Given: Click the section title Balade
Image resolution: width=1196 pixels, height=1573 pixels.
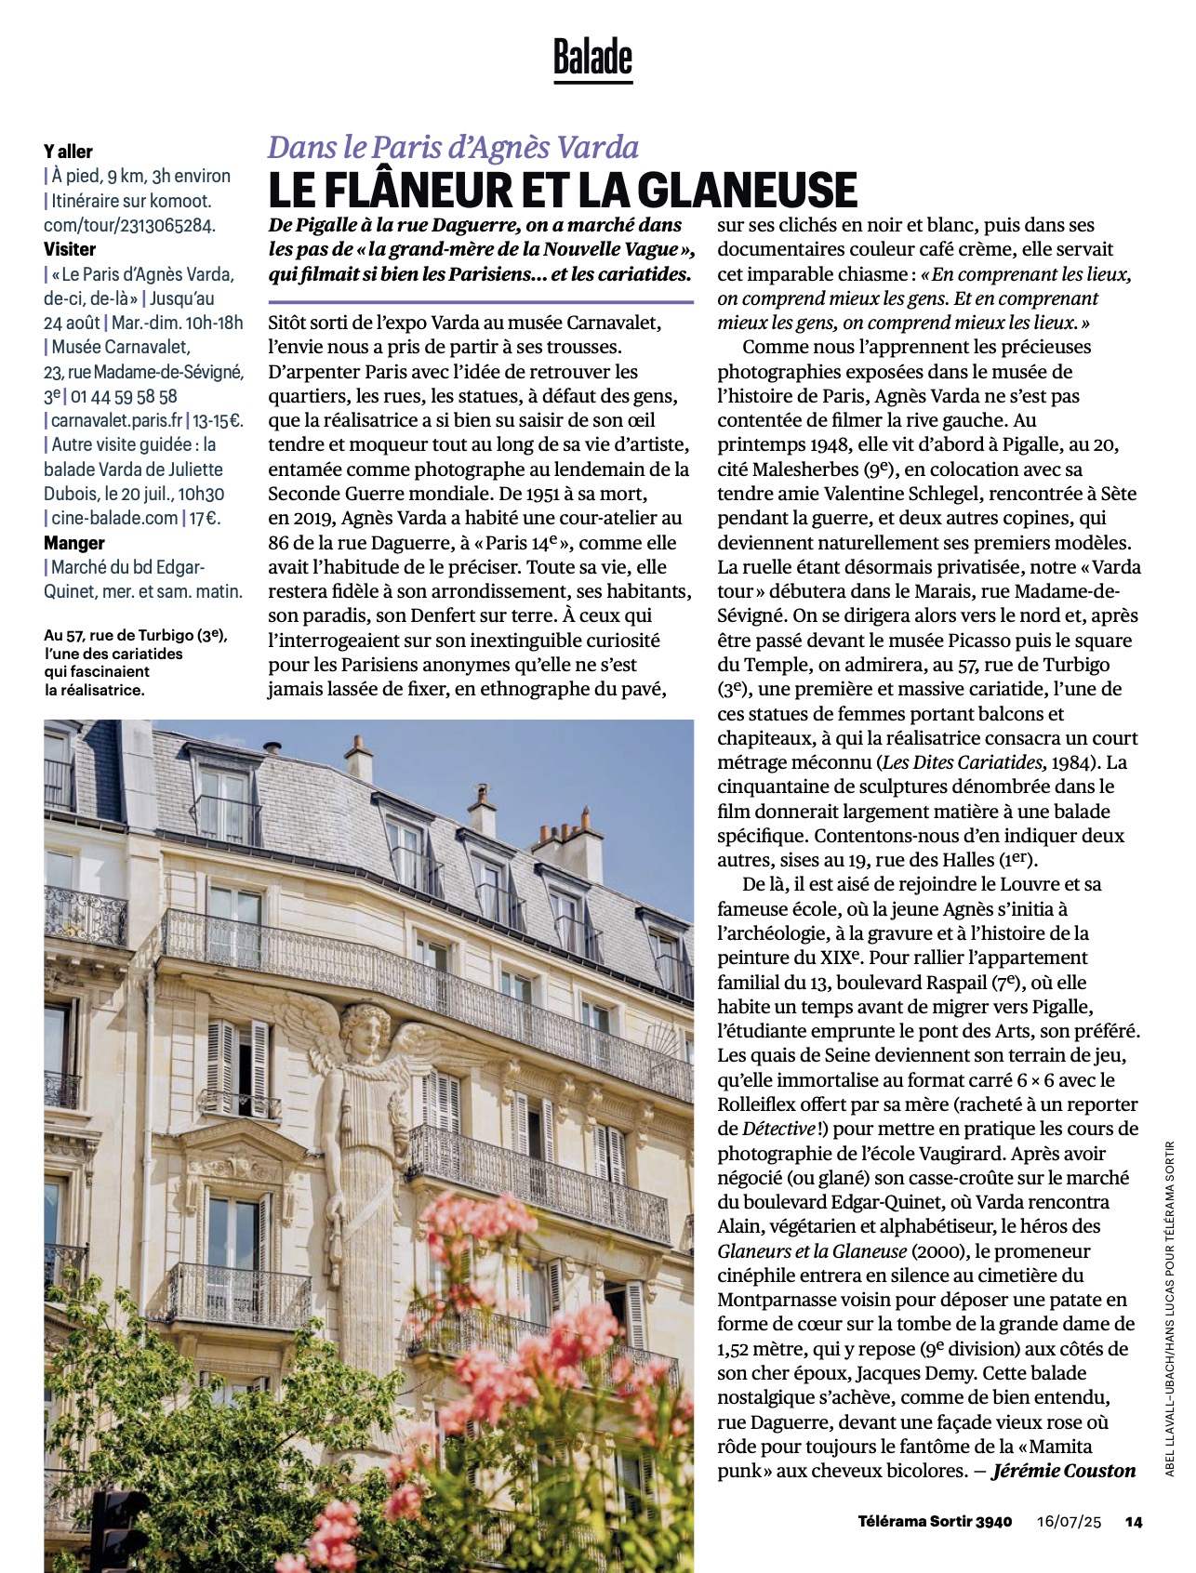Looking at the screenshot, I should [x=592, y=58].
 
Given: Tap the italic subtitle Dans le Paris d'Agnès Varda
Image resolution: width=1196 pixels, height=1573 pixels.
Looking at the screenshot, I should [x=453, y=147].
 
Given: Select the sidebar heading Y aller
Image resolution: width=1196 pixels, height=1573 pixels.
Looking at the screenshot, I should [x=68, y=152].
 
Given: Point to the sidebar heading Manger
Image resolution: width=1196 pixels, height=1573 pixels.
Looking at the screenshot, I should [x=74, y=543].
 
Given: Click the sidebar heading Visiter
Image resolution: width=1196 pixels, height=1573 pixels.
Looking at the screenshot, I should [x=70, y=249].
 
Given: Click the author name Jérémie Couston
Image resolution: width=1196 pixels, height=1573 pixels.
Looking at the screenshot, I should [x=1064, y=1471].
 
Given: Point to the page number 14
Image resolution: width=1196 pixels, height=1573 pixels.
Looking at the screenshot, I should [x=1133, y=1522].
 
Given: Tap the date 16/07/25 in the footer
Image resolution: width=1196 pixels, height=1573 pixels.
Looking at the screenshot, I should [x=1069, y=1522].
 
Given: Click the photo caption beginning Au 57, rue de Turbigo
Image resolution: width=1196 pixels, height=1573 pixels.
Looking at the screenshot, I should [x=136, y=662].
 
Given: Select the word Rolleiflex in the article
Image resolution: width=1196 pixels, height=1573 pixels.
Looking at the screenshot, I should [x=764, y=1104].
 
